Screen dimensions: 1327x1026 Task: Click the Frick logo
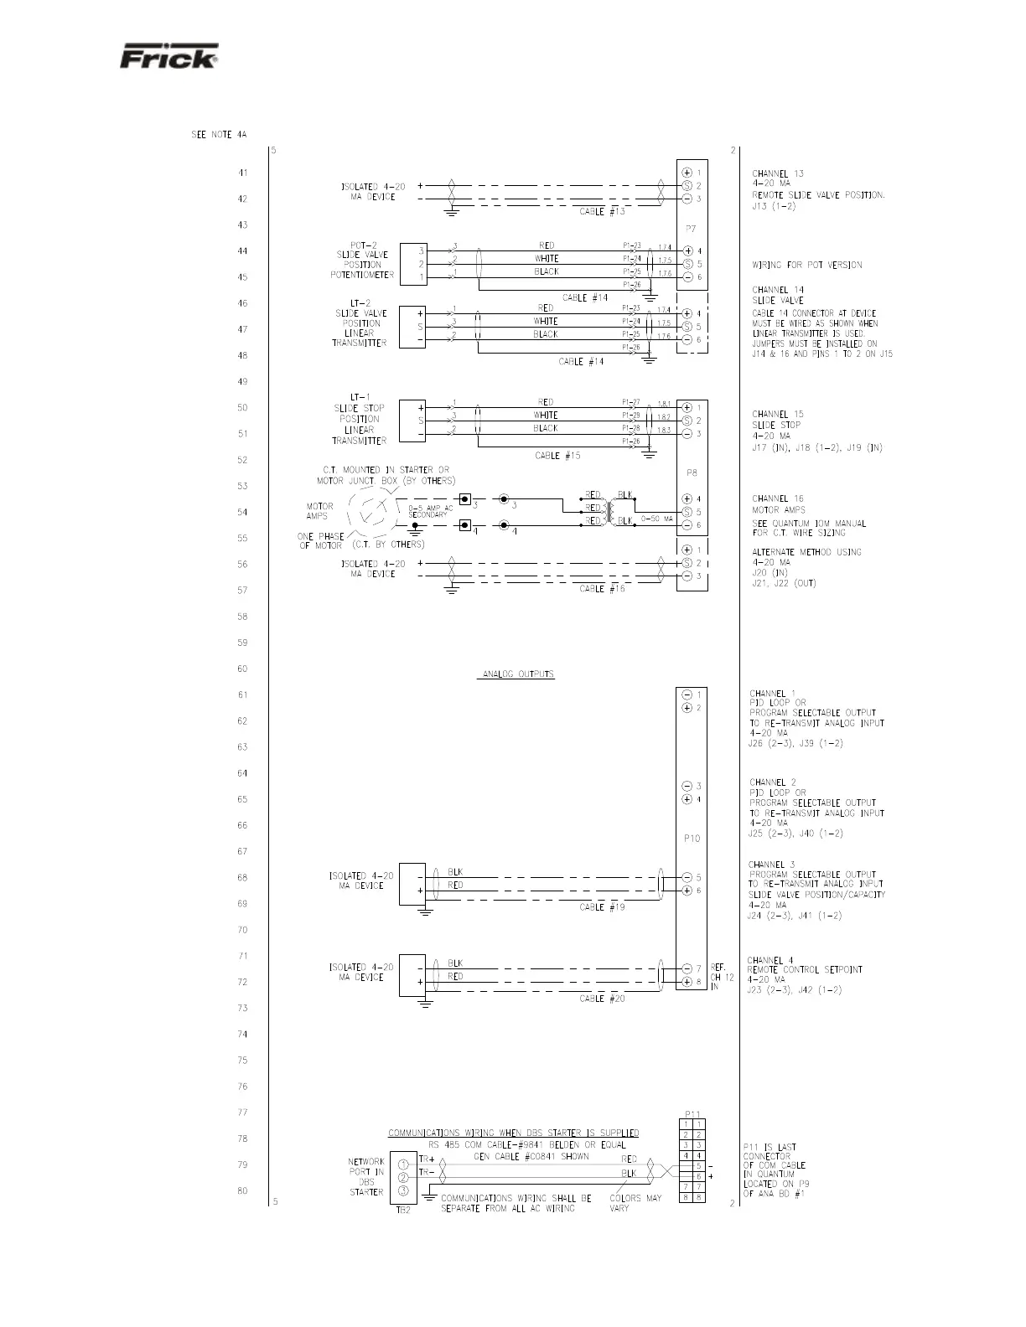pyautogui.click(x=168, y=56)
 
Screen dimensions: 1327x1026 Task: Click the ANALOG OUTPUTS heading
pyautogui.click(x=516, y=674)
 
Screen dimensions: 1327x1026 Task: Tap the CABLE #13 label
pyautogui.click(x=602, y=212)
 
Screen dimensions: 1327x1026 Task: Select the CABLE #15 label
pyautogui.click(x=557, y=456)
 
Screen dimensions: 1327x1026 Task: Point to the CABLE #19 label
pyautogui.click(x=602, y=907)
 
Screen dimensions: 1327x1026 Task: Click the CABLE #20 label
pyautogui.click(x=602, y=999)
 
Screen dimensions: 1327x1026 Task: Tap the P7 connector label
pyautogui.click(x=692, y=229)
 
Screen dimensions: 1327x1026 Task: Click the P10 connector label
pyautogui.click(x=692, y=839)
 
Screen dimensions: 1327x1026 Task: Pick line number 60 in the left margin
pyautogui.click(x=242, y=669)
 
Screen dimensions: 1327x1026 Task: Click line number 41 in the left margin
pyautogui.click(x=242, y=173)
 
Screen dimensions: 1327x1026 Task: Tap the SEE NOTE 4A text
pyautogui.click(x=219, y=135)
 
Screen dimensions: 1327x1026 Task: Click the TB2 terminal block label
pyautogui.click(x=402, y=1209)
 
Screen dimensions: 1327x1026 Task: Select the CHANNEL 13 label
pyautogui.click(x=777, y=174)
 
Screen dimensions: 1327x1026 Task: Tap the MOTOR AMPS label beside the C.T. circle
pyautogui.click(x=319, y=511)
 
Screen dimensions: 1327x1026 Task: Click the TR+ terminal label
pyautogui.click(x=427, y=1159)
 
